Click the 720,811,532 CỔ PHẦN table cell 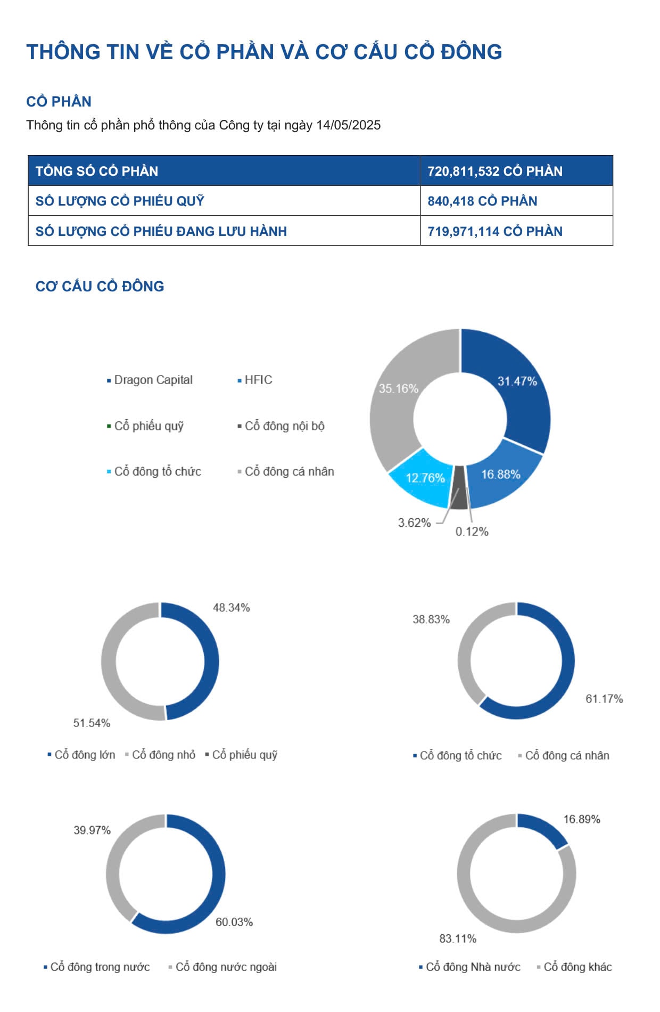click(x=494, y=171)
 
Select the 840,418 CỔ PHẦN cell click(x=482, y=201)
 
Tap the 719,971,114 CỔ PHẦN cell click(x=494, y=231)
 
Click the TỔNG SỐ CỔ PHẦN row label click(x=97, y=171)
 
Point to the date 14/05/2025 click(x=348, y=125)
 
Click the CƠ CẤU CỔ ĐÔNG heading click(x=100, y=286)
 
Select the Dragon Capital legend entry click(x=153, y=380)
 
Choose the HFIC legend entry click(x=258, y=380)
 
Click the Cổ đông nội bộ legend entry click(x=284, y=426)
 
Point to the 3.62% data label click(x=414, y=523)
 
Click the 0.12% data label click(x=472, y=532)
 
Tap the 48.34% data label click(x=231, y=608)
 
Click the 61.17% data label click(x=604, y=699)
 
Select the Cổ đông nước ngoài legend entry click(x=226, y=967)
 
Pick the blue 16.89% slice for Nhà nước click(x=540, y=829)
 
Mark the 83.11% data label click(x=458, y=938)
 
